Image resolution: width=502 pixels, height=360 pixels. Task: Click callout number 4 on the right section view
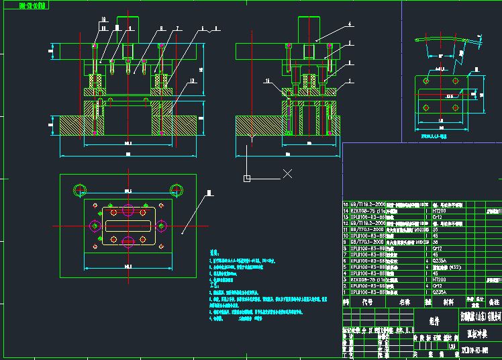pyautogui.click(x=350, y=24)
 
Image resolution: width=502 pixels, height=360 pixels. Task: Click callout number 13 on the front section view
pyautogui.click(x=193, y=81)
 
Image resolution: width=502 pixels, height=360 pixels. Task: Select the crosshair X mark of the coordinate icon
pyautogui.click(x=287, y=174)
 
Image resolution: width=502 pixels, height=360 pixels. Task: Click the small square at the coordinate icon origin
pyautogui.click(x=247, y=178)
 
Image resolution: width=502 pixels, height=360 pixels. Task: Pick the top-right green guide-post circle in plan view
pyautogui.click(x=176, y=189)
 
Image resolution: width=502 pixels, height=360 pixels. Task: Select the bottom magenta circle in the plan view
pyautogui.click(x=128, y=240)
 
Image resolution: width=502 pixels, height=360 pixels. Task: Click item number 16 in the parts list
pyautogui.click(x=346, y=203)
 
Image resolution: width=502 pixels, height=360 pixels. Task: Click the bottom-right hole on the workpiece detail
pyautogui.click(x=457, y=107)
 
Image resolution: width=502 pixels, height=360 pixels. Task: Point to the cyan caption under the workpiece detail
pyautogui.click(x=439, y=135)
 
